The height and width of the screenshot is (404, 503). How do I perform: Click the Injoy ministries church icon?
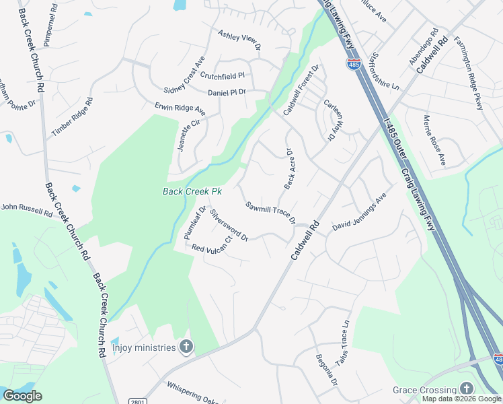click(187, 347)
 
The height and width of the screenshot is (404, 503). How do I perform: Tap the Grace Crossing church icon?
click(466, 389)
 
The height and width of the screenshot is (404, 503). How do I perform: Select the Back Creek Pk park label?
click(192, 191)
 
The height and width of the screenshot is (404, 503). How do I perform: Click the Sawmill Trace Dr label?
click(270, 213)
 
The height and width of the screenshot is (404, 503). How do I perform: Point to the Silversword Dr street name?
click(229, 225)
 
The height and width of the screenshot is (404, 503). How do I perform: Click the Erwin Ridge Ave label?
click(180, 108)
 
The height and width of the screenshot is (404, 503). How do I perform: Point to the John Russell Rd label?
click(27, 210)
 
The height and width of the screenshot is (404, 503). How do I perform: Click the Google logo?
click(23, 396)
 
